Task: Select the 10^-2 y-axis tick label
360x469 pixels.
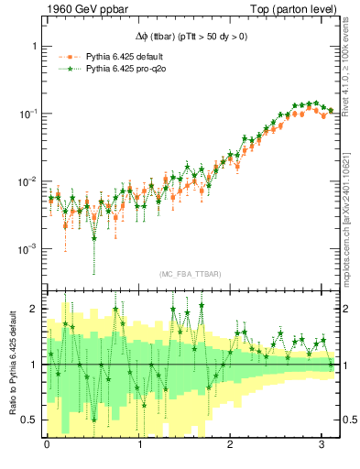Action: tap(27, 181)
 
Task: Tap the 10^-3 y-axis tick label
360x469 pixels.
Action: tap(27, 249)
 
